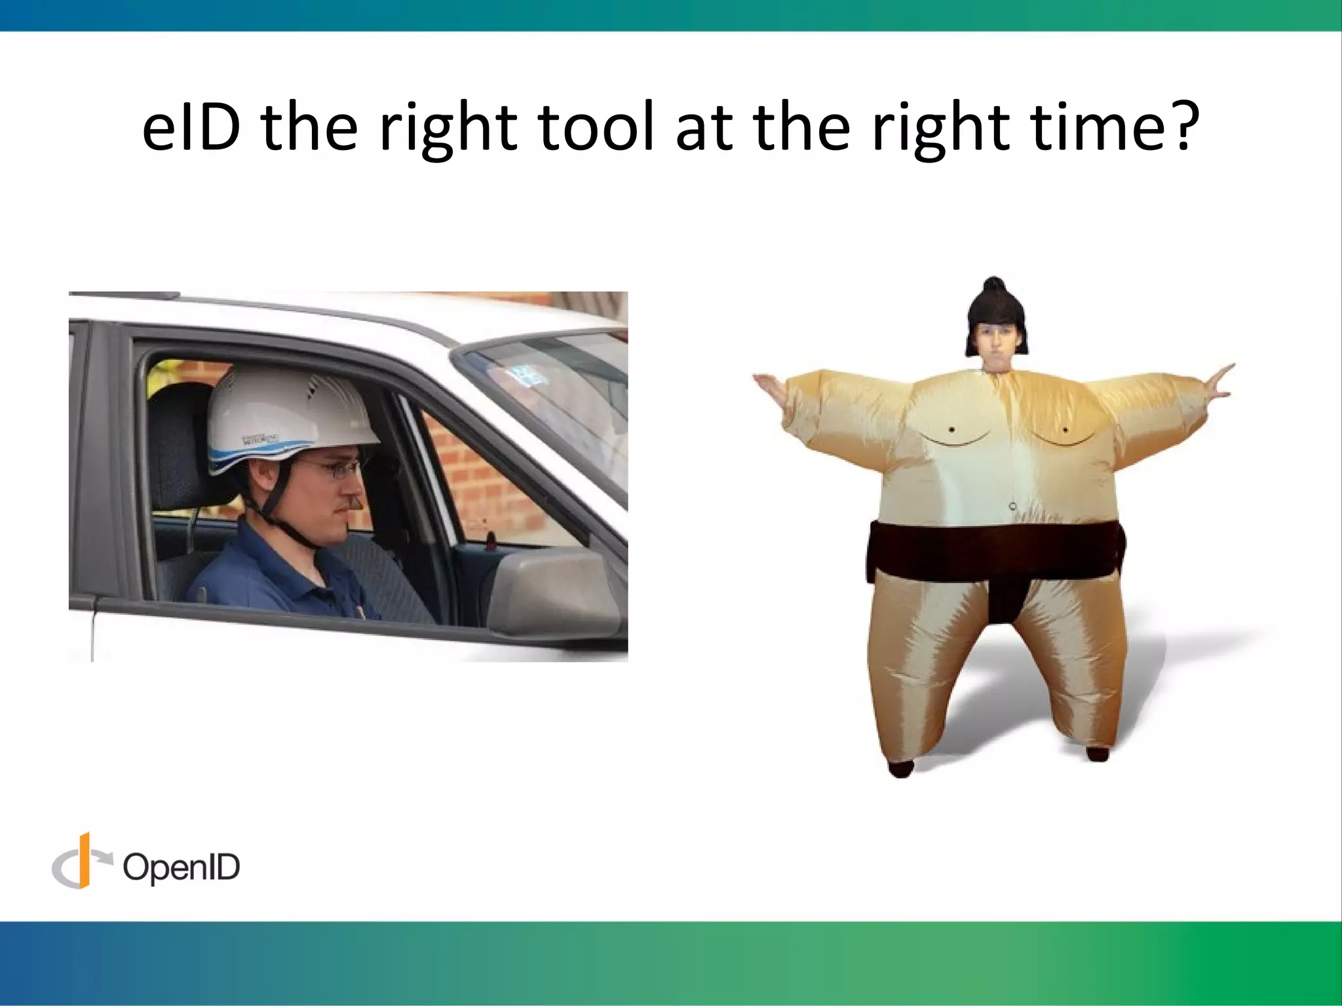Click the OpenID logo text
click(182, 868)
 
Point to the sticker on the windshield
click(524, 375)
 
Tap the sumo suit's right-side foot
click(1097, 753)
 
